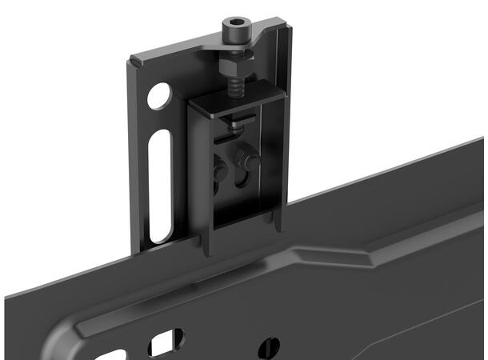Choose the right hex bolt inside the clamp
251,160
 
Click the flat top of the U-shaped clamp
232,100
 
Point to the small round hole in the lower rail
273,346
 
